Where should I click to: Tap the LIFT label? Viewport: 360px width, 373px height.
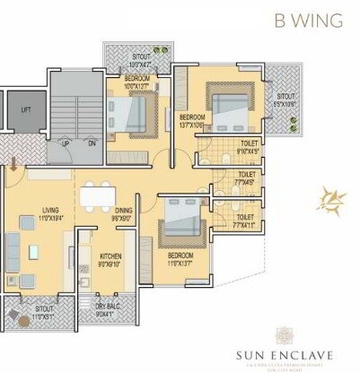coord(26,109)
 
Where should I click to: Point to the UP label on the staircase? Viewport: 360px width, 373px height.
coord(66,143)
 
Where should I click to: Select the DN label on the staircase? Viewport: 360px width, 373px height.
coord(92,143)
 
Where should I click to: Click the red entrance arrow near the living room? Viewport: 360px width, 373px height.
coord(13,164)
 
